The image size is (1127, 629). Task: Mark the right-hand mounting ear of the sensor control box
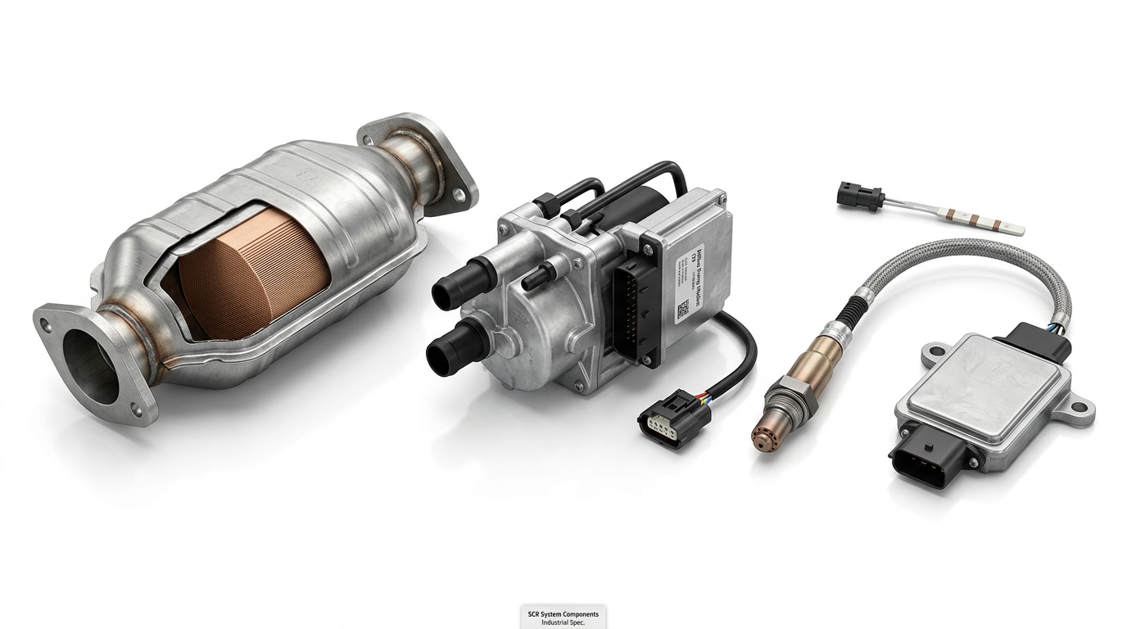pos(1082,410)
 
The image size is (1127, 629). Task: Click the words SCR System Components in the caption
pos(563,613)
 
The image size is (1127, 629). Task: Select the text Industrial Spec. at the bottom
pos(563,623)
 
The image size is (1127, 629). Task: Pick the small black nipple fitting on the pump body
pos(535,279)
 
